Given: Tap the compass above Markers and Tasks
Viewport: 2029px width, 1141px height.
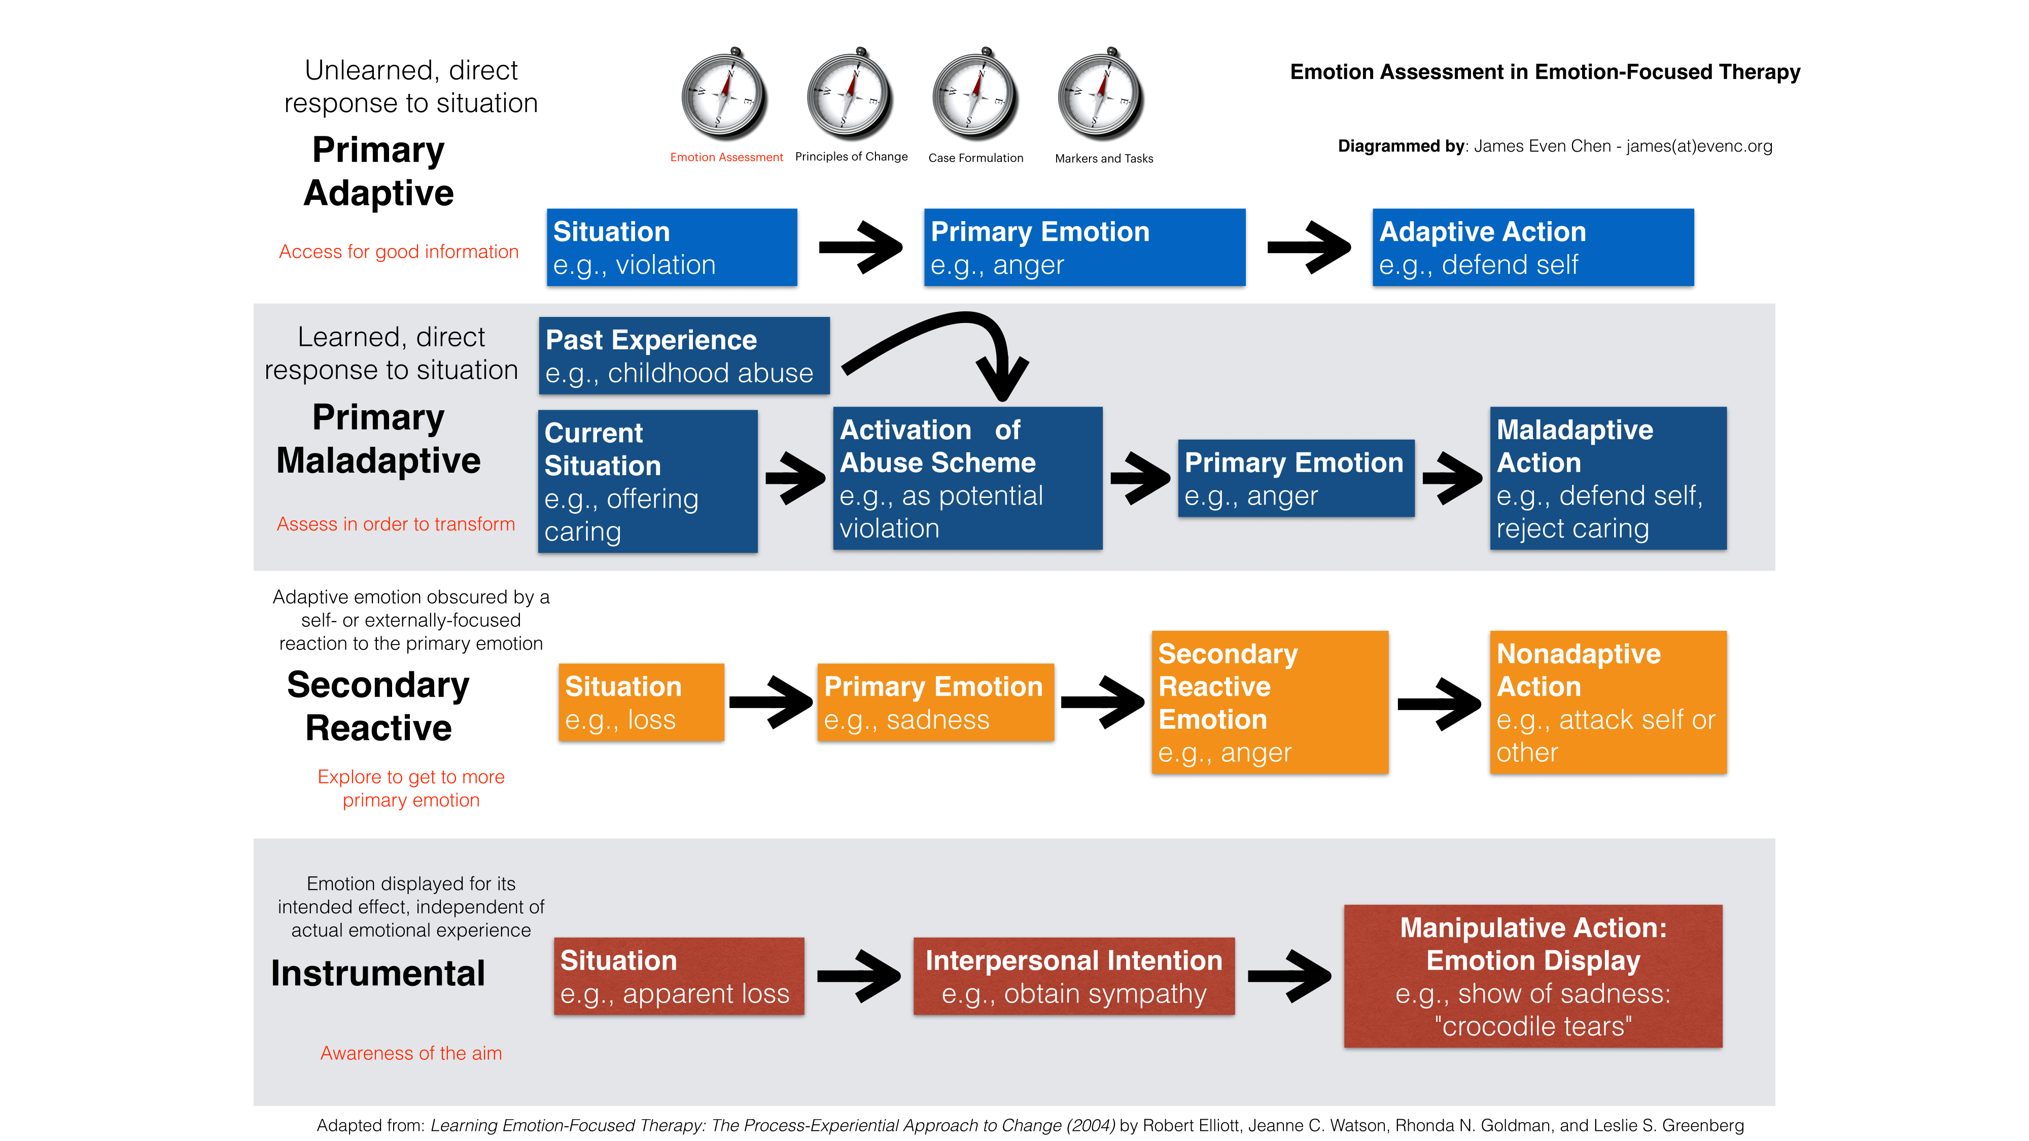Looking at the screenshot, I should pos(1101,94).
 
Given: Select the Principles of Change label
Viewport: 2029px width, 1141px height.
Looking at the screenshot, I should pos(852,157).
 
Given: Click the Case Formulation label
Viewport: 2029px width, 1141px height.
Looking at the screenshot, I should pos(976,158).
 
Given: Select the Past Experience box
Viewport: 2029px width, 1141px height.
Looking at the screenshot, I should pos(684,356).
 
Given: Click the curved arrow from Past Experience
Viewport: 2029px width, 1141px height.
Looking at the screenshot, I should pos(945,335).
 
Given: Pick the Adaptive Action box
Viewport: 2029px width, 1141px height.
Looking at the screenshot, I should pos(1533,247).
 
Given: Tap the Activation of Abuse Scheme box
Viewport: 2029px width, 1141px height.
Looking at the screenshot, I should pos(967,478).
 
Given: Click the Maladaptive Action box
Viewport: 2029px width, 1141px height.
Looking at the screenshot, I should pos(1607,478).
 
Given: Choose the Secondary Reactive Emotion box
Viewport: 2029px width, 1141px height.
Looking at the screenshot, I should pos(1270,702).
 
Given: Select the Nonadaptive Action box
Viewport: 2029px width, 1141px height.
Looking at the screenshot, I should pos(1607,702).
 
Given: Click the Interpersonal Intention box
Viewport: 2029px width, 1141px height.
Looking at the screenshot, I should pos(1073,976).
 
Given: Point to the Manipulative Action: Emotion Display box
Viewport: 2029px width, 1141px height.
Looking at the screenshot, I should pos(1533,976).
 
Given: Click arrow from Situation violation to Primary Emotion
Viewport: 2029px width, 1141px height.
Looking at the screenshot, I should pos(860,247).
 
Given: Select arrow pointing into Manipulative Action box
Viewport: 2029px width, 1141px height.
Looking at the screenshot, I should pos(1289,976).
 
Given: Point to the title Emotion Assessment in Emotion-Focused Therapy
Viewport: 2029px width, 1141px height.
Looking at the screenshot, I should pos(1545,72).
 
